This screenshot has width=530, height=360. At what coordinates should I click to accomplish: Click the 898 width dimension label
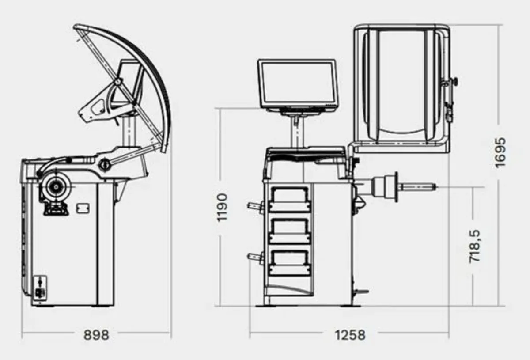[96, 335]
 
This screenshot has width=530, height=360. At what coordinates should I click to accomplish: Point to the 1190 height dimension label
[223, 207]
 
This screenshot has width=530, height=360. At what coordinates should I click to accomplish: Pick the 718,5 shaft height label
[474, 246]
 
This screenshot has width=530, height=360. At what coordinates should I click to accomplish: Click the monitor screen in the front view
[297, 82]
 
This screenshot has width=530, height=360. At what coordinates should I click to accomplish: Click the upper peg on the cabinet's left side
[255, 205]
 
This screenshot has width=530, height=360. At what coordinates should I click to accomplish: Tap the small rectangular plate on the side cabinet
[83, 208]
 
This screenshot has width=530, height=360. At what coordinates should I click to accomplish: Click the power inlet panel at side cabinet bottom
[40, 288]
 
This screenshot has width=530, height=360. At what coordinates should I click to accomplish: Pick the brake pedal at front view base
[361, 292]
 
